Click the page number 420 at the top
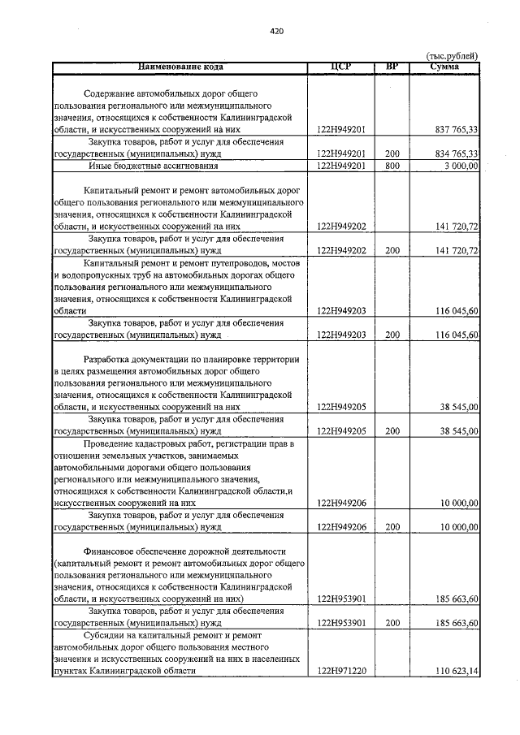[275, 32]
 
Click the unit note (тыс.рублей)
[453, 55]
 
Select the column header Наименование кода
[180, 67]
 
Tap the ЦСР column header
[341, 67]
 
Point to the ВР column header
[392, 67]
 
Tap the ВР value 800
[392, 166]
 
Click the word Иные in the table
[100, 166]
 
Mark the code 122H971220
[341, 672]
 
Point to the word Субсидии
[104, 635]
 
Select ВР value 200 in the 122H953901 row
[392, 623]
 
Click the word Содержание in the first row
[111, 93]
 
